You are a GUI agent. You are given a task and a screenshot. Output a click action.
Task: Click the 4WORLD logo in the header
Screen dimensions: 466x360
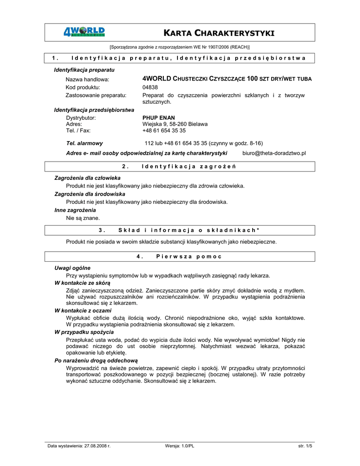(84, 32)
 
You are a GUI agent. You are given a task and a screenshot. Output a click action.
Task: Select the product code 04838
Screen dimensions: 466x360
(150, 87)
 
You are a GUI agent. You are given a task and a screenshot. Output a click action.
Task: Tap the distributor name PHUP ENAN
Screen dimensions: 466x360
(159, 117)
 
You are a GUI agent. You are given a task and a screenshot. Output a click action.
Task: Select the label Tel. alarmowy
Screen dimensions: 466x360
(84, 143)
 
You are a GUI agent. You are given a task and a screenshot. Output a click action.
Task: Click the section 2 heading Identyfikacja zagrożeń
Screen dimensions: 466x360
(189, 166)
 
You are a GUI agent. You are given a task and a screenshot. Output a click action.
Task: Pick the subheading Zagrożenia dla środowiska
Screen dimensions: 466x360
(90, 194)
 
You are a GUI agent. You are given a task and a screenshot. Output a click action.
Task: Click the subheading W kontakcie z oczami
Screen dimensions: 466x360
(83, 310)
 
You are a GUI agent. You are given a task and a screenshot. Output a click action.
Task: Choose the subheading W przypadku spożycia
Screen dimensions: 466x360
(84, 332)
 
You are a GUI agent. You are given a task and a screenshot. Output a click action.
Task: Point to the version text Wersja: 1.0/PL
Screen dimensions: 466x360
(180, 446)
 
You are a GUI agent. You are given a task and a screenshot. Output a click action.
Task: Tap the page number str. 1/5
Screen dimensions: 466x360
(305, 446)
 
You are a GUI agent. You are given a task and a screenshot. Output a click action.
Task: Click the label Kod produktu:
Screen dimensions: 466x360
(83, 87)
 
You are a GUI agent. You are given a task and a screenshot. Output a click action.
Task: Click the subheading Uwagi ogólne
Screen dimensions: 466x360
(72, 268)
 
